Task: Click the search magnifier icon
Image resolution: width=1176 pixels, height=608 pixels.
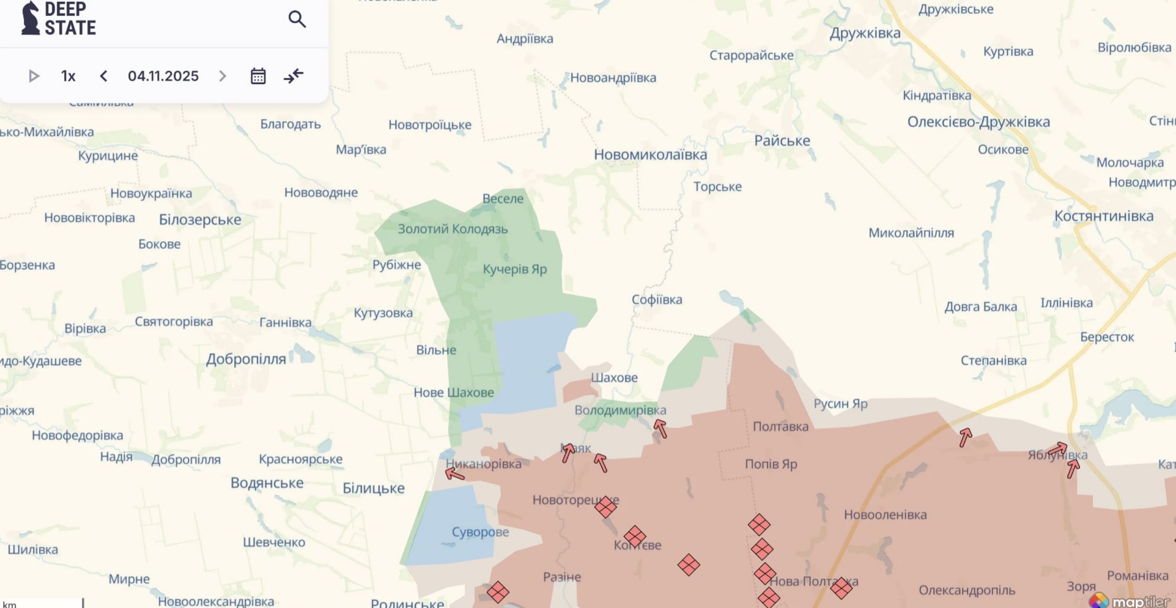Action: (x=297, y=20)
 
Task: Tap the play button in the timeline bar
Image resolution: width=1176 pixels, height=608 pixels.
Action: (x=34, y=76)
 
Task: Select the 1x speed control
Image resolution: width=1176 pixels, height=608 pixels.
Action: (x=68, y=76)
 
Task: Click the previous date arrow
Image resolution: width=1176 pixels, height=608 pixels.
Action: (x=103, y=76)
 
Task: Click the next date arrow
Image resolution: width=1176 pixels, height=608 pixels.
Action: (x=223, y=76)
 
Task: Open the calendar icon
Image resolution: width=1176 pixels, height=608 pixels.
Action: (x=258, y=76)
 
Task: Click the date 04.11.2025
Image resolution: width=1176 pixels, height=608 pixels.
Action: (x=163, y=76)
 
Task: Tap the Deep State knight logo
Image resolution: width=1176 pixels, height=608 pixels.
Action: (x=30, y=18)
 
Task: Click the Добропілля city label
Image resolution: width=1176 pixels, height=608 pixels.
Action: (x=246, y=359)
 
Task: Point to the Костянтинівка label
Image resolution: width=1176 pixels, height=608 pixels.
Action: (x=1103, y=216)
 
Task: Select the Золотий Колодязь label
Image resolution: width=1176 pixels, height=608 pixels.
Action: (x=453, y=229)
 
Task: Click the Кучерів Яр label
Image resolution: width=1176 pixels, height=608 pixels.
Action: (x=514, y=269)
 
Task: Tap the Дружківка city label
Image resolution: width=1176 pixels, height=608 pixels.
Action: (x=865, y=33)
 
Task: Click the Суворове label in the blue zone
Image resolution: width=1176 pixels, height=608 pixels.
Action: (x=480, y=532)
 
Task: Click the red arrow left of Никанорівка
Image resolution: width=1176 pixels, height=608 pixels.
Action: (x=454, y=474)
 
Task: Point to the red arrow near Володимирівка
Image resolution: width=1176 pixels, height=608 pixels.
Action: (x=660, y=429)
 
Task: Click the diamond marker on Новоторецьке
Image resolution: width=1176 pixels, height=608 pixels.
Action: (x=605, y=506)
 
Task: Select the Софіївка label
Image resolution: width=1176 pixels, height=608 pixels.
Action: (x=656, y=300)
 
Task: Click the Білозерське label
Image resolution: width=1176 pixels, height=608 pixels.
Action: (x=200, y=220)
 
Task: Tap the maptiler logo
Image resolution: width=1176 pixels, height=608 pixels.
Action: (x=1131, y=601)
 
